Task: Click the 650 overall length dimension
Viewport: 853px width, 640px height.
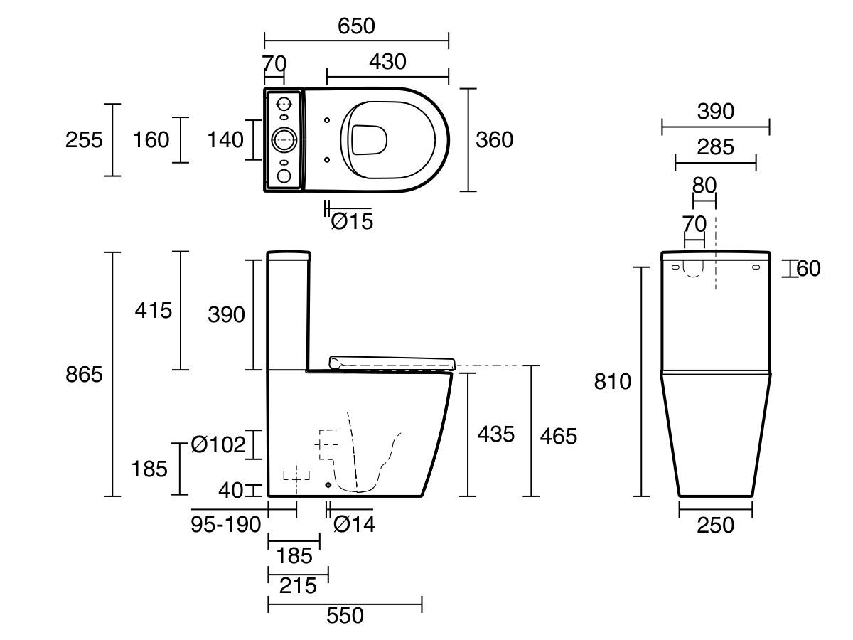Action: point(356,26)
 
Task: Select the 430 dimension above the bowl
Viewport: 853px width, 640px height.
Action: point(387,62)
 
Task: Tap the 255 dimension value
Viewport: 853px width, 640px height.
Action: point(84,140)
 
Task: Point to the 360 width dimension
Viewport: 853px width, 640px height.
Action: point(494,140)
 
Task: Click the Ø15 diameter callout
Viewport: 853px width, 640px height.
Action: point(352,221)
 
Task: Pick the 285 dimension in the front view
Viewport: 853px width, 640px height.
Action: point(715,147)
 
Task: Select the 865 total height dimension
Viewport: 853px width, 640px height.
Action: point(84,375)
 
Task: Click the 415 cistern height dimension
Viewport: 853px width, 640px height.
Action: point(153,311)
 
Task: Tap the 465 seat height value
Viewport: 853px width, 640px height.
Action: point(559,437)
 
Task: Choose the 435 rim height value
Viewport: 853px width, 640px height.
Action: point(496,434)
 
